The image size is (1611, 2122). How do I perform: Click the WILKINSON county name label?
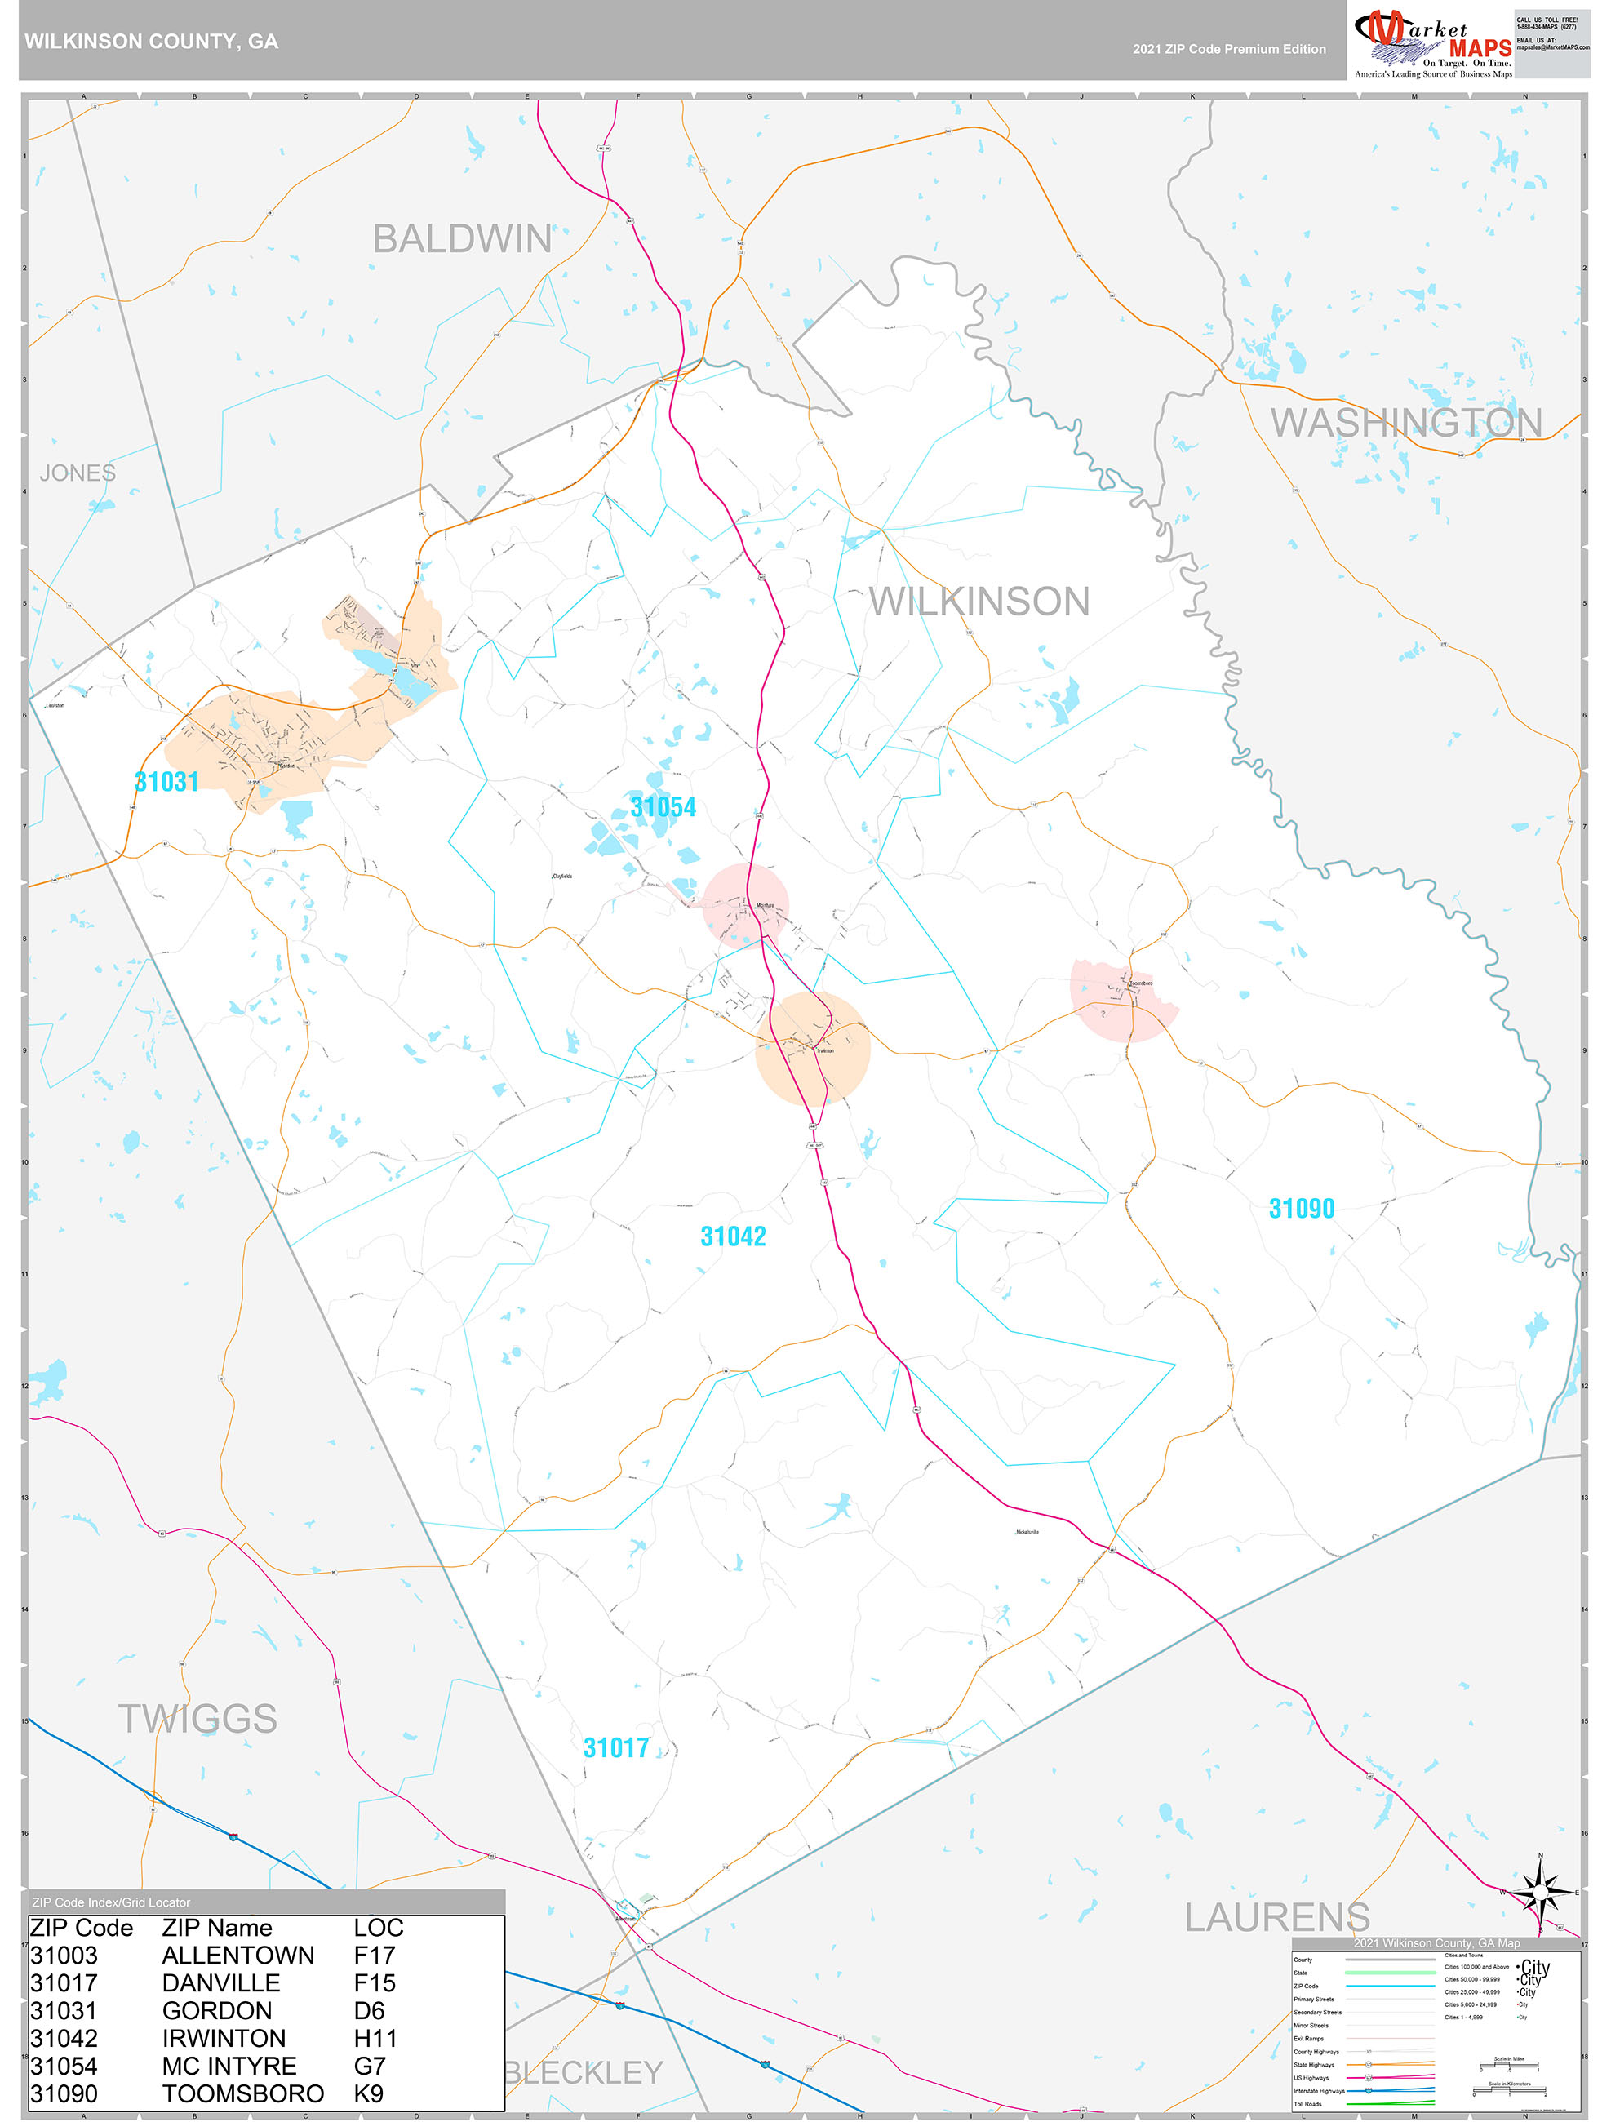979,602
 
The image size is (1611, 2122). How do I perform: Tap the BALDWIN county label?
462,239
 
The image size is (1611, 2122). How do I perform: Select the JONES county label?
77,473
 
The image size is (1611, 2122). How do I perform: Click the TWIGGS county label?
197,1719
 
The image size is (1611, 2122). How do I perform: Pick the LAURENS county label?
1276,1918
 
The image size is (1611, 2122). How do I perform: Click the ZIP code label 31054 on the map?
663,807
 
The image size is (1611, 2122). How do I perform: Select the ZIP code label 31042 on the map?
733,1236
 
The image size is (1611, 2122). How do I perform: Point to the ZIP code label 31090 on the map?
1301,1209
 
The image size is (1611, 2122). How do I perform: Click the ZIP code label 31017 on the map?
616,1748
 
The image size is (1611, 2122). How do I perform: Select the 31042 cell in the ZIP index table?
64,2039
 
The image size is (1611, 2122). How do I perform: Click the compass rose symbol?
1540,1893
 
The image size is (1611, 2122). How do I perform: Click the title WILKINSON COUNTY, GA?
152,42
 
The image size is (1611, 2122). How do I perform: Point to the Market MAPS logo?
1432,40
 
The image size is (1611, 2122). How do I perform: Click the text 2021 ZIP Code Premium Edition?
1229,49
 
